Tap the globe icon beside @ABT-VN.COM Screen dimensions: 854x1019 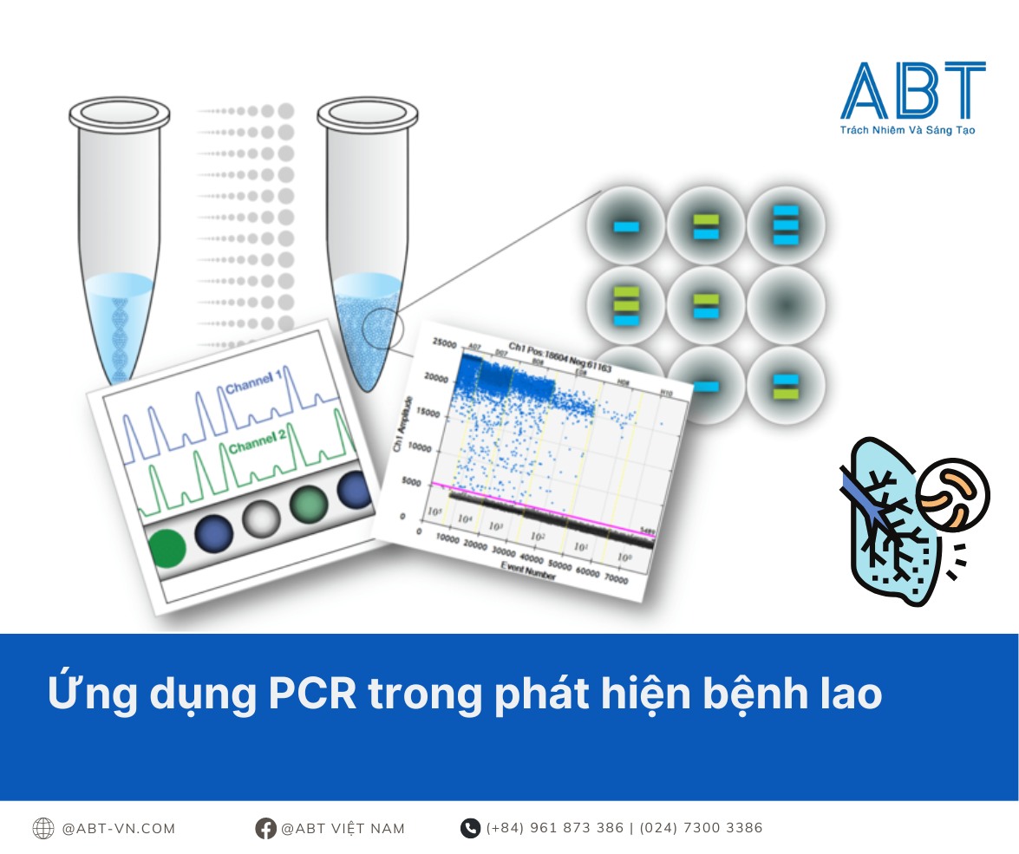[43, 828]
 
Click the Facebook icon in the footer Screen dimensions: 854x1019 [265, 828]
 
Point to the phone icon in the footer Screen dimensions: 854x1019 [470, 828]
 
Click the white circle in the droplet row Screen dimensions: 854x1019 [260, 518]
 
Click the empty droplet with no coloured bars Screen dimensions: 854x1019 [785, 305]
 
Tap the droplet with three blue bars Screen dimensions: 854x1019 [785, 225]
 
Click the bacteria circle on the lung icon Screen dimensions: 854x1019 [952, 495]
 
